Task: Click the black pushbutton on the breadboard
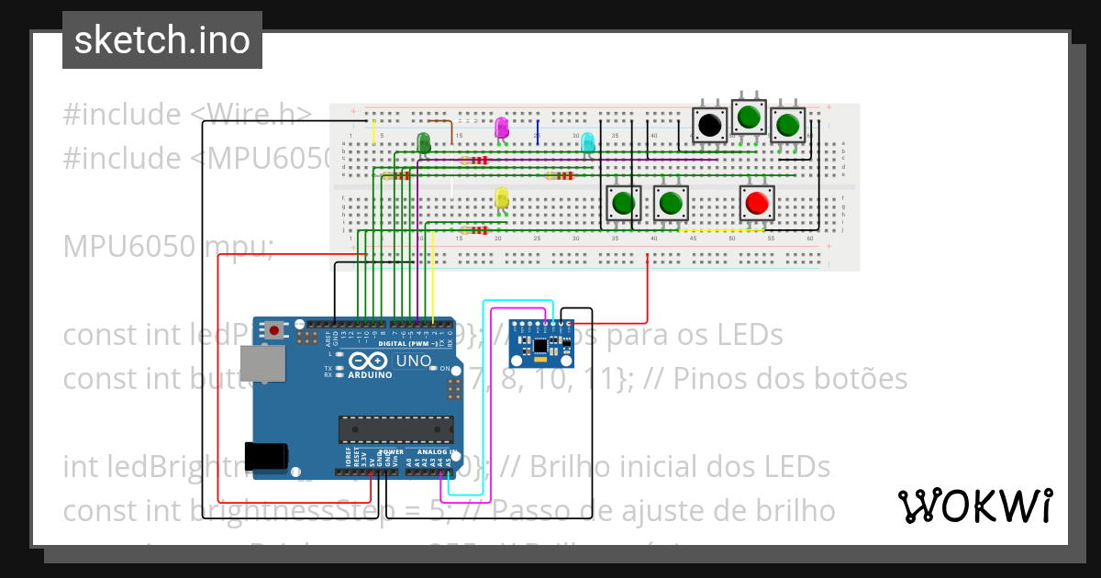click(708, 125)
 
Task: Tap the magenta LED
click(501, 127)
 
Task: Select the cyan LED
click(587, 142)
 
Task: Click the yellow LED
click(501, 197)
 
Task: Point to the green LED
click(424, 142)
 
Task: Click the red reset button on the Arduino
click(274, 328)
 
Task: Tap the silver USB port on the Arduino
click(261, 364)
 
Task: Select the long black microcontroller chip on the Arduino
click(395, 428)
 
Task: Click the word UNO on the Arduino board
click(413, 361)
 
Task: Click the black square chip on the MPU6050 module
click(540, 345)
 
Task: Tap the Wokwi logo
click(974, 506)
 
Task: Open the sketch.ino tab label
click(162, 40)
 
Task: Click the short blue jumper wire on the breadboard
click(539, 131)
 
